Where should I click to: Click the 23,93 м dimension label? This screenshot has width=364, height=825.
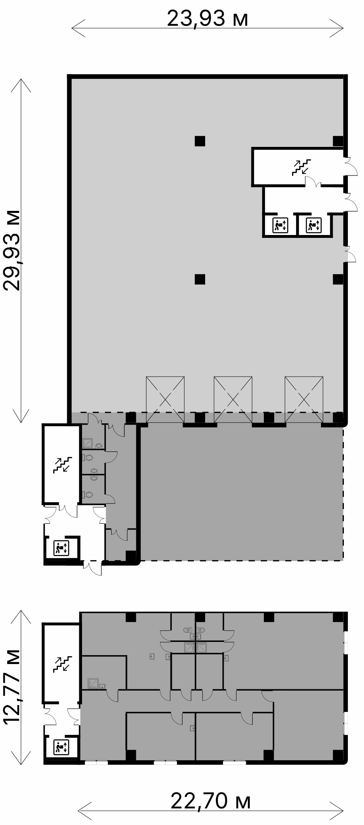[208, 18]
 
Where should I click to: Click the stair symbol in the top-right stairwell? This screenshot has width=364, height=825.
[301, 167]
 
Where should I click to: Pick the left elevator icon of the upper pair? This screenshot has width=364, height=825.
[280, 225]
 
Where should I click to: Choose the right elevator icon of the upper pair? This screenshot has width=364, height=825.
[313, 225]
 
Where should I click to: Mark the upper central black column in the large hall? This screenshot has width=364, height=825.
[200, 141]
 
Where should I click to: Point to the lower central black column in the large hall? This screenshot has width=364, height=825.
[200, 279]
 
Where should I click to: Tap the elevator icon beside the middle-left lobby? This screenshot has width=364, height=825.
[62, 548]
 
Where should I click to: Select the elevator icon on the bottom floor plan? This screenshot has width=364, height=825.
[62, 747]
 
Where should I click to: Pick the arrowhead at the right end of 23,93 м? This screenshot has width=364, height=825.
[337, 28]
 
